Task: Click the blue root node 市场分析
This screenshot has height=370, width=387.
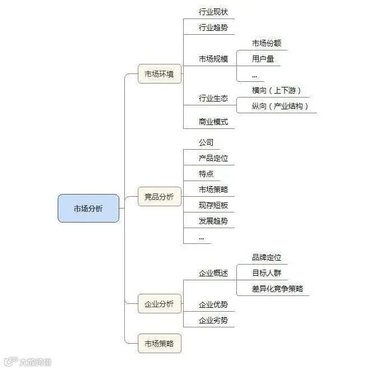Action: coord(88,208)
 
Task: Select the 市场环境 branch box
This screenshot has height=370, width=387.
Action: coord(160,73)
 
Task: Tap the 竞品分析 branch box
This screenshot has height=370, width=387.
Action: coord(160,196)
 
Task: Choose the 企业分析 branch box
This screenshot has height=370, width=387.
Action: coord(160,304)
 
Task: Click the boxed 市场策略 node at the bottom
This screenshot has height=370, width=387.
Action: coord(160,343)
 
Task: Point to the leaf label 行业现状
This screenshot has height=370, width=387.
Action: coord(213,12)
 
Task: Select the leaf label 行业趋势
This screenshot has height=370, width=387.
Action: coord(213,27)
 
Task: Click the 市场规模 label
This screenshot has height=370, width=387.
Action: coord(213,59)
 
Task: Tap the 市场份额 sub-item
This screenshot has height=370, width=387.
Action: coord(267,43)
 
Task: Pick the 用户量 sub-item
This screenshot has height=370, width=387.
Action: coord(263,58)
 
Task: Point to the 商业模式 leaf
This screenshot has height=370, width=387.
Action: coord(213,122)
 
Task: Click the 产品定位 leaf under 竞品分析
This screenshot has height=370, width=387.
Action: coord(213,159)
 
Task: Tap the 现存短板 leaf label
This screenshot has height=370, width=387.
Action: coord(213,205)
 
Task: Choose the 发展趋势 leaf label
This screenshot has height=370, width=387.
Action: coord(213,221)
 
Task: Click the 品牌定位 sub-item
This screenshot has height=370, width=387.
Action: coord(267,257)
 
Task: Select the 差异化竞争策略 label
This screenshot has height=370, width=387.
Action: coord(277,289)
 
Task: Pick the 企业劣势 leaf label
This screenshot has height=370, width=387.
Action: coord(213,321)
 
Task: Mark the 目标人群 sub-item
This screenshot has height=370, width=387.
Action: coord(267,273)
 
